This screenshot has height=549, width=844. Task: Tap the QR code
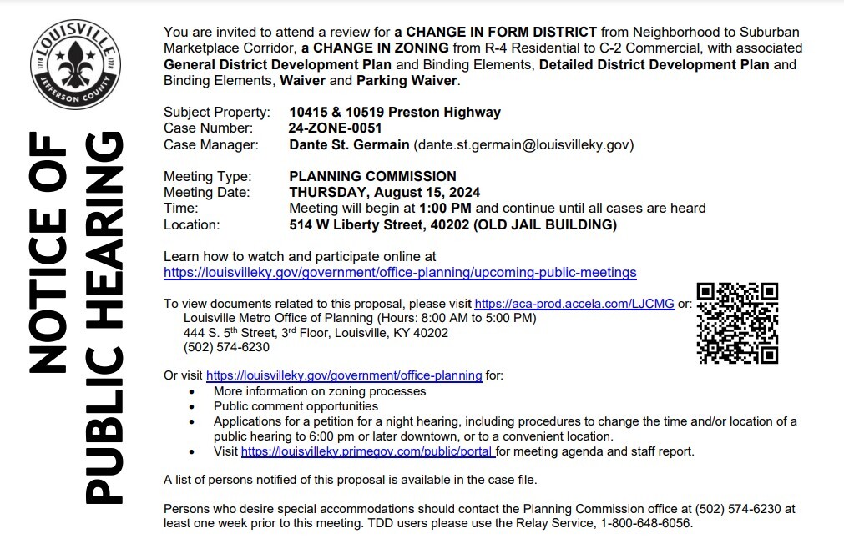coord(737,323)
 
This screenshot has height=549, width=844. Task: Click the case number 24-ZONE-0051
coord(335,128)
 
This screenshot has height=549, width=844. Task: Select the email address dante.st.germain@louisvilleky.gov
coord(523,144)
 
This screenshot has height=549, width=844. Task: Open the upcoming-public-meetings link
coord(400,272)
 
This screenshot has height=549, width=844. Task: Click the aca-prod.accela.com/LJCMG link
coord(574,304)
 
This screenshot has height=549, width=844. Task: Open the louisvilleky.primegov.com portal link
coord(368,451)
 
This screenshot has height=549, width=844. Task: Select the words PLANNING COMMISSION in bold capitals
coord(372,176)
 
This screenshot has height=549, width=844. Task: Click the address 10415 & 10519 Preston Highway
coord(395,112)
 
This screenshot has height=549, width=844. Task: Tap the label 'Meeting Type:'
coord(207,176)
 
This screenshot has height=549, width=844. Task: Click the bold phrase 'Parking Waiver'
coord(407,81)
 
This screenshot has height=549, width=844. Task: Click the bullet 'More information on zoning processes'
coord(320,390)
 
